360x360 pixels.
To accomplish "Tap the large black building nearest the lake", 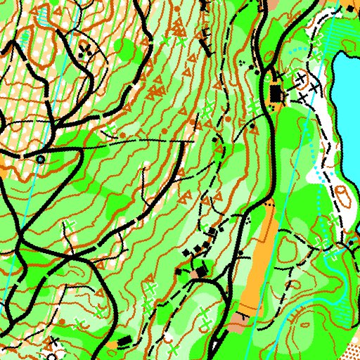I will (275, 93).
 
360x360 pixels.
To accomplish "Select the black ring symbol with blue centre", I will (40, 160).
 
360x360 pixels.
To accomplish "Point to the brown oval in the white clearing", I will (342, 193).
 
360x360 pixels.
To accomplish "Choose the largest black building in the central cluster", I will (202, 271).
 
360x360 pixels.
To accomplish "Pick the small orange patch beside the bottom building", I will (112, 345).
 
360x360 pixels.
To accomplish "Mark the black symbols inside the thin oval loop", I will (85, 49).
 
